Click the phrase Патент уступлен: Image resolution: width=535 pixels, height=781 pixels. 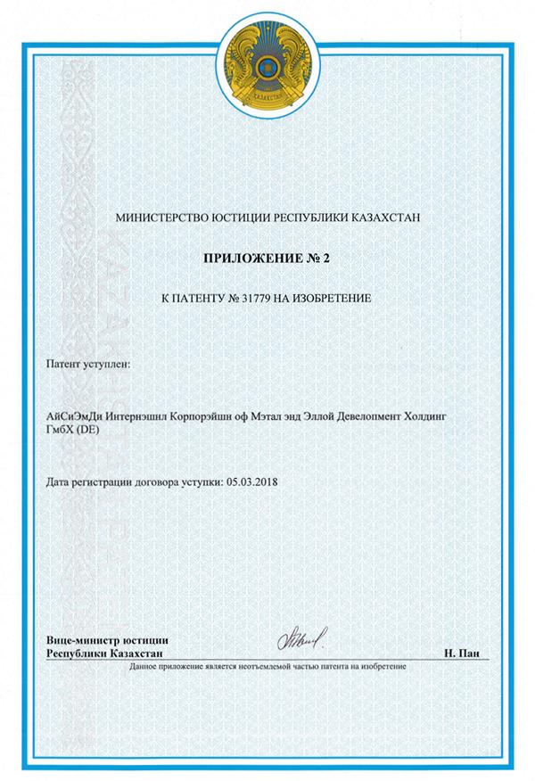point(86,366)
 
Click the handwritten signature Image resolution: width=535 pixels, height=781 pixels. point(303,637)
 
